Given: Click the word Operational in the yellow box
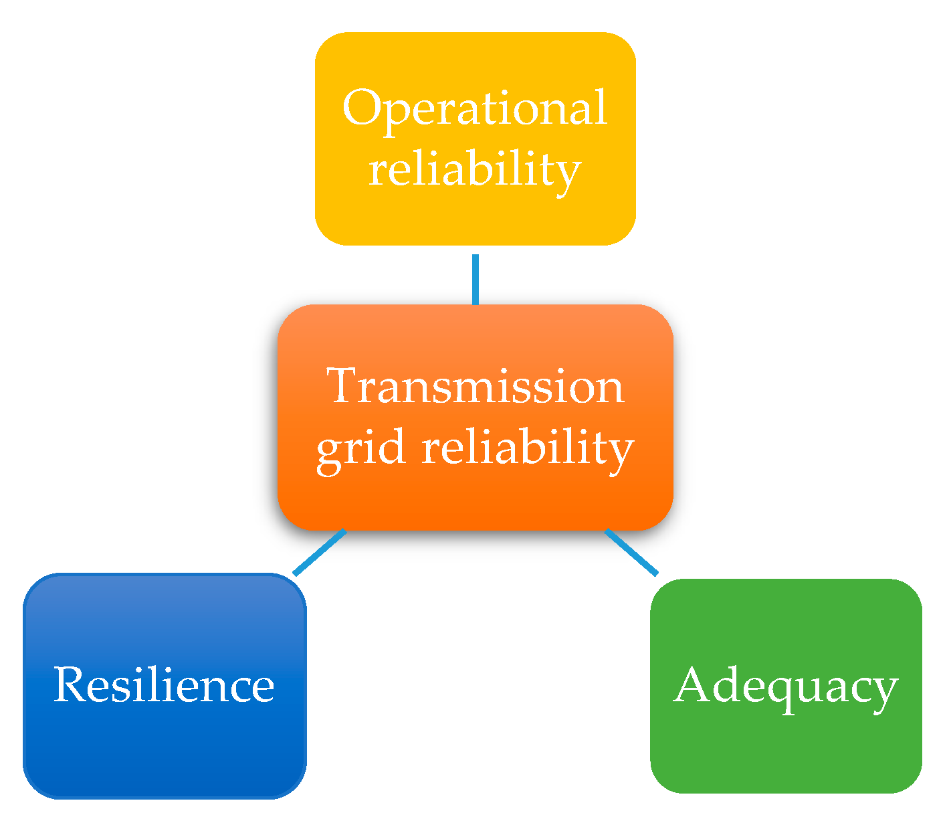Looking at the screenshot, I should [474, 108].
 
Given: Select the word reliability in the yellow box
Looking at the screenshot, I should [474, 169].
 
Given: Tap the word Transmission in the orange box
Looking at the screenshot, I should [476, 386].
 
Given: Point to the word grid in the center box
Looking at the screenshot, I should [361, 448].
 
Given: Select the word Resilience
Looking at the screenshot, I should [164, 685].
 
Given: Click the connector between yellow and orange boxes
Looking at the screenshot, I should [476, 279].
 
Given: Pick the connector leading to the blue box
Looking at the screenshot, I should [320, 552].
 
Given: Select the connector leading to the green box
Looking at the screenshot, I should [631, 552].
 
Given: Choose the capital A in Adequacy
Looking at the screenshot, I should [694, 685].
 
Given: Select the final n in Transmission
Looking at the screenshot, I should [609, 390].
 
